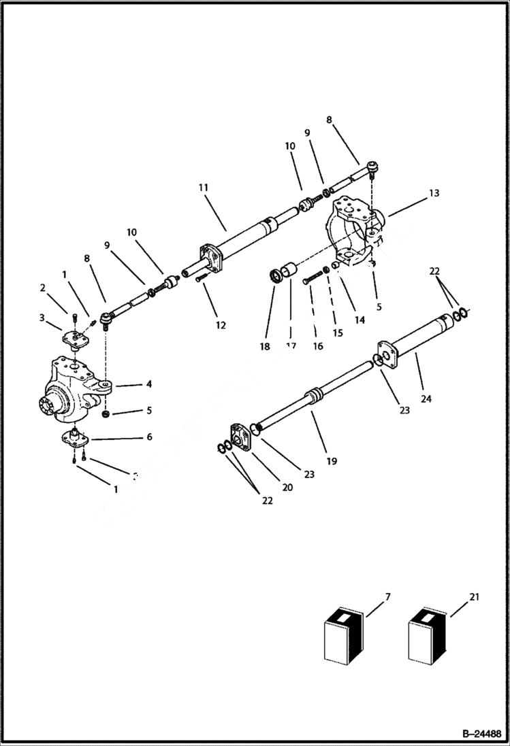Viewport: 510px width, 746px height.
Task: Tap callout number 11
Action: pos(204,188)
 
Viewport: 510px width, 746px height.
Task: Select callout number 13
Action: pos(434,193)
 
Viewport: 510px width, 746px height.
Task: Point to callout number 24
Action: pos(426,399)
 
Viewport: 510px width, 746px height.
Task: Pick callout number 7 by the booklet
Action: pos(387,598)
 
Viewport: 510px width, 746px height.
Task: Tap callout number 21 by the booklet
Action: pos(475,598)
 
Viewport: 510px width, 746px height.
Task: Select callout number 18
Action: pos(265,346)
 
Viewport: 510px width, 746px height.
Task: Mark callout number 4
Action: pos(148,384)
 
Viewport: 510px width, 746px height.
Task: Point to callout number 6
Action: pos(149,437)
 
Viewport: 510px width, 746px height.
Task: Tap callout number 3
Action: pos(42,317)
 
